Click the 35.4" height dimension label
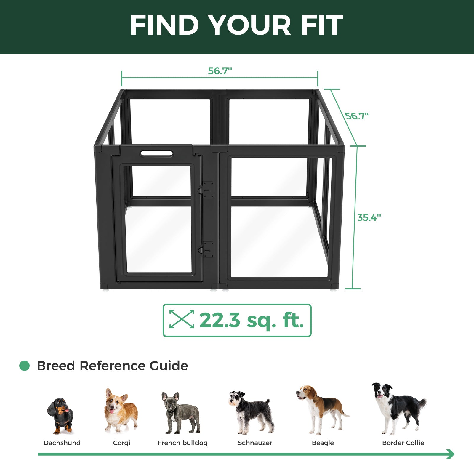point(369,217)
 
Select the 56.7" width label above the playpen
point(220,71)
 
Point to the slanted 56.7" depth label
point(357,116)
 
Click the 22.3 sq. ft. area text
point(252,321)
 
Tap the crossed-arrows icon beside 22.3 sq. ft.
point(182,319)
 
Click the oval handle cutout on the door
point(156,153)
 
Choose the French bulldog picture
point(181,413)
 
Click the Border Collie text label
point(403,443)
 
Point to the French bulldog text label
point(182,443)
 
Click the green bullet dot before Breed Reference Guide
point(25,366)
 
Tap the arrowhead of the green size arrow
point(451,454)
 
